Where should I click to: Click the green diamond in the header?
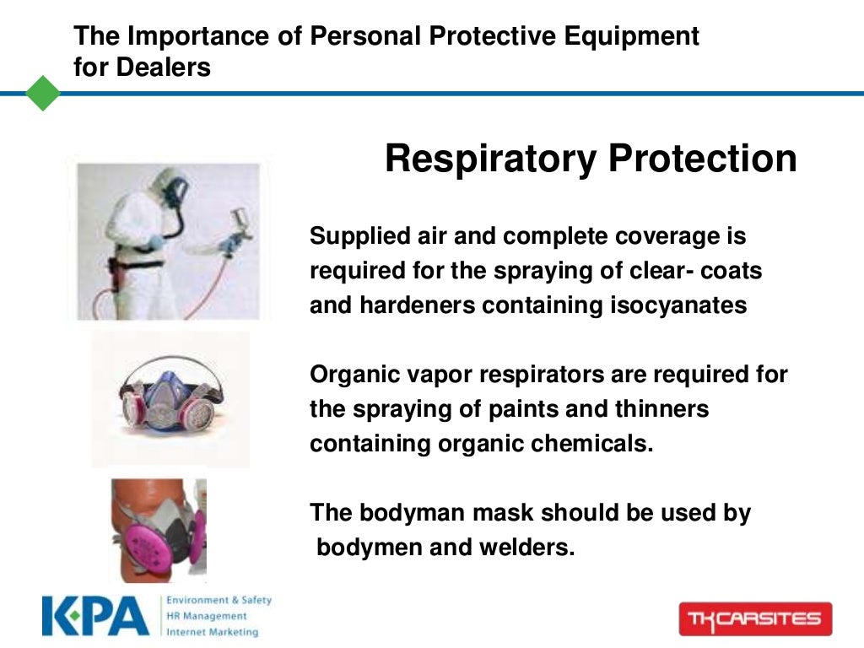click(43, 93)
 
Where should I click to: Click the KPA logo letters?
click(94, 616)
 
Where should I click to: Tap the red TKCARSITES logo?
click(755, 618)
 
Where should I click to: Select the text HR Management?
click(207, 616)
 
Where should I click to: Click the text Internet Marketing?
click(212, 631)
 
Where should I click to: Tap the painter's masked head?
click(170, 190)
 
